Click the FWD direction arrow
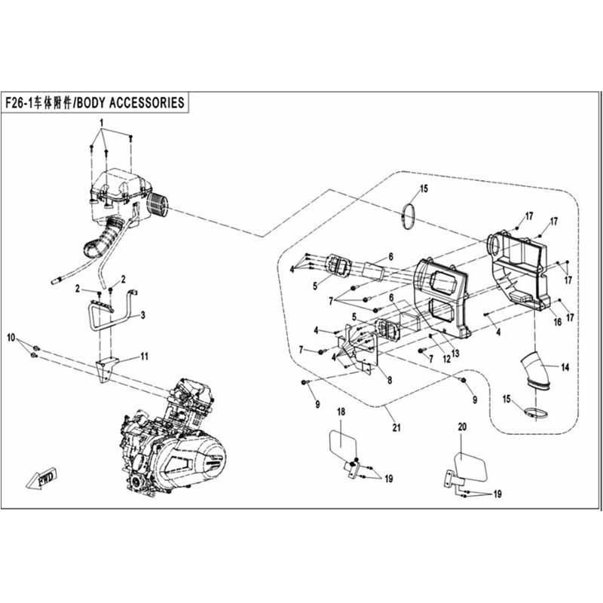[42, 479]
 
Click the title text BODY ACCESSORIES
[130, 103]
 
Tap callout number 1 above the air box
[102, 123]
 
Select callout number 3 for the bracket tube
[142, 315]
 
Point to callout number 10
[11, 338]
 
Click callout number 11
[144, 357]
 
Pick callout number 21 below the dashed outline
[396, 427]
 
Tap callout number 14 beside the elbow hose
[565, 367]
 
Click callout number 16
[557, 322]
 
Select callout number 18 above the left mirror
[341, 412]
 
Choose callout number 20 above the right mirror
[462, 427]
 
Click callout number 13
[455, 353]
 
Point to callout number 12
[446, 359]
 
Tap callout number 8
[390, 381]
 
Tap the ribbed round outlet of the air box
[158, 204]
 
